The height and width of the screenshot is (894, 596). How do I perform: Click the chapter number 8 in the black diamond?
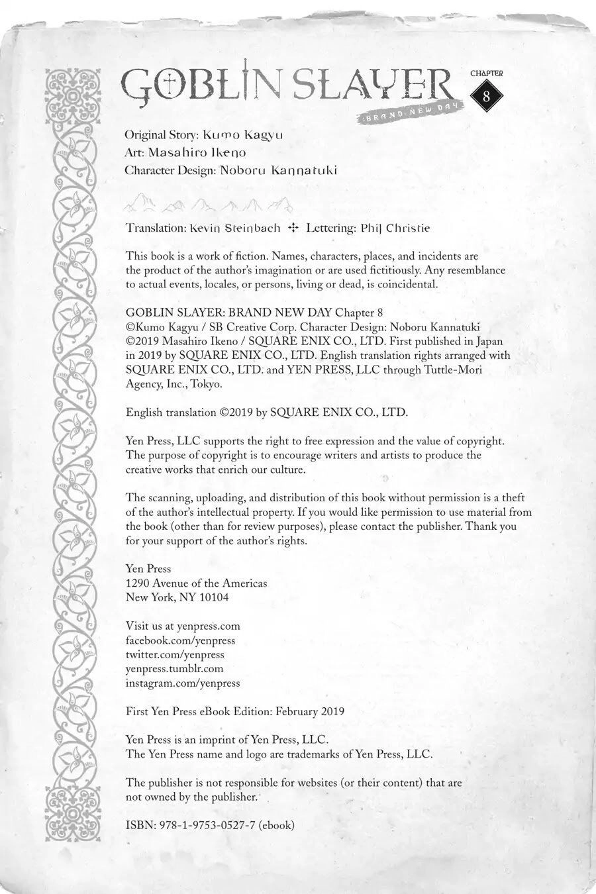point(487,95)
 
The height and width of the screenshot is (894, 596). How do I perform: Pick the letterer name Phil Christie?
point(395,228)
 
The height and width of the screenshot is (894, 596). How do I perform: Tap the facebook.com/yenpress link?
point(180,640)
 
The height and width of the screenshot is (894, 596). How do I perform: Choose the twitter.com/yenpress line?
point(175,654)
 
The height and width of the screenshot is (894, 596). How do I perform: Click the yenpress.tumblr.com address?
point(174,669)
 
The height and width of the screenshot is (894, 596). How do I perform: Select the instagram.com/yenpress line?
point(183,683)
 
